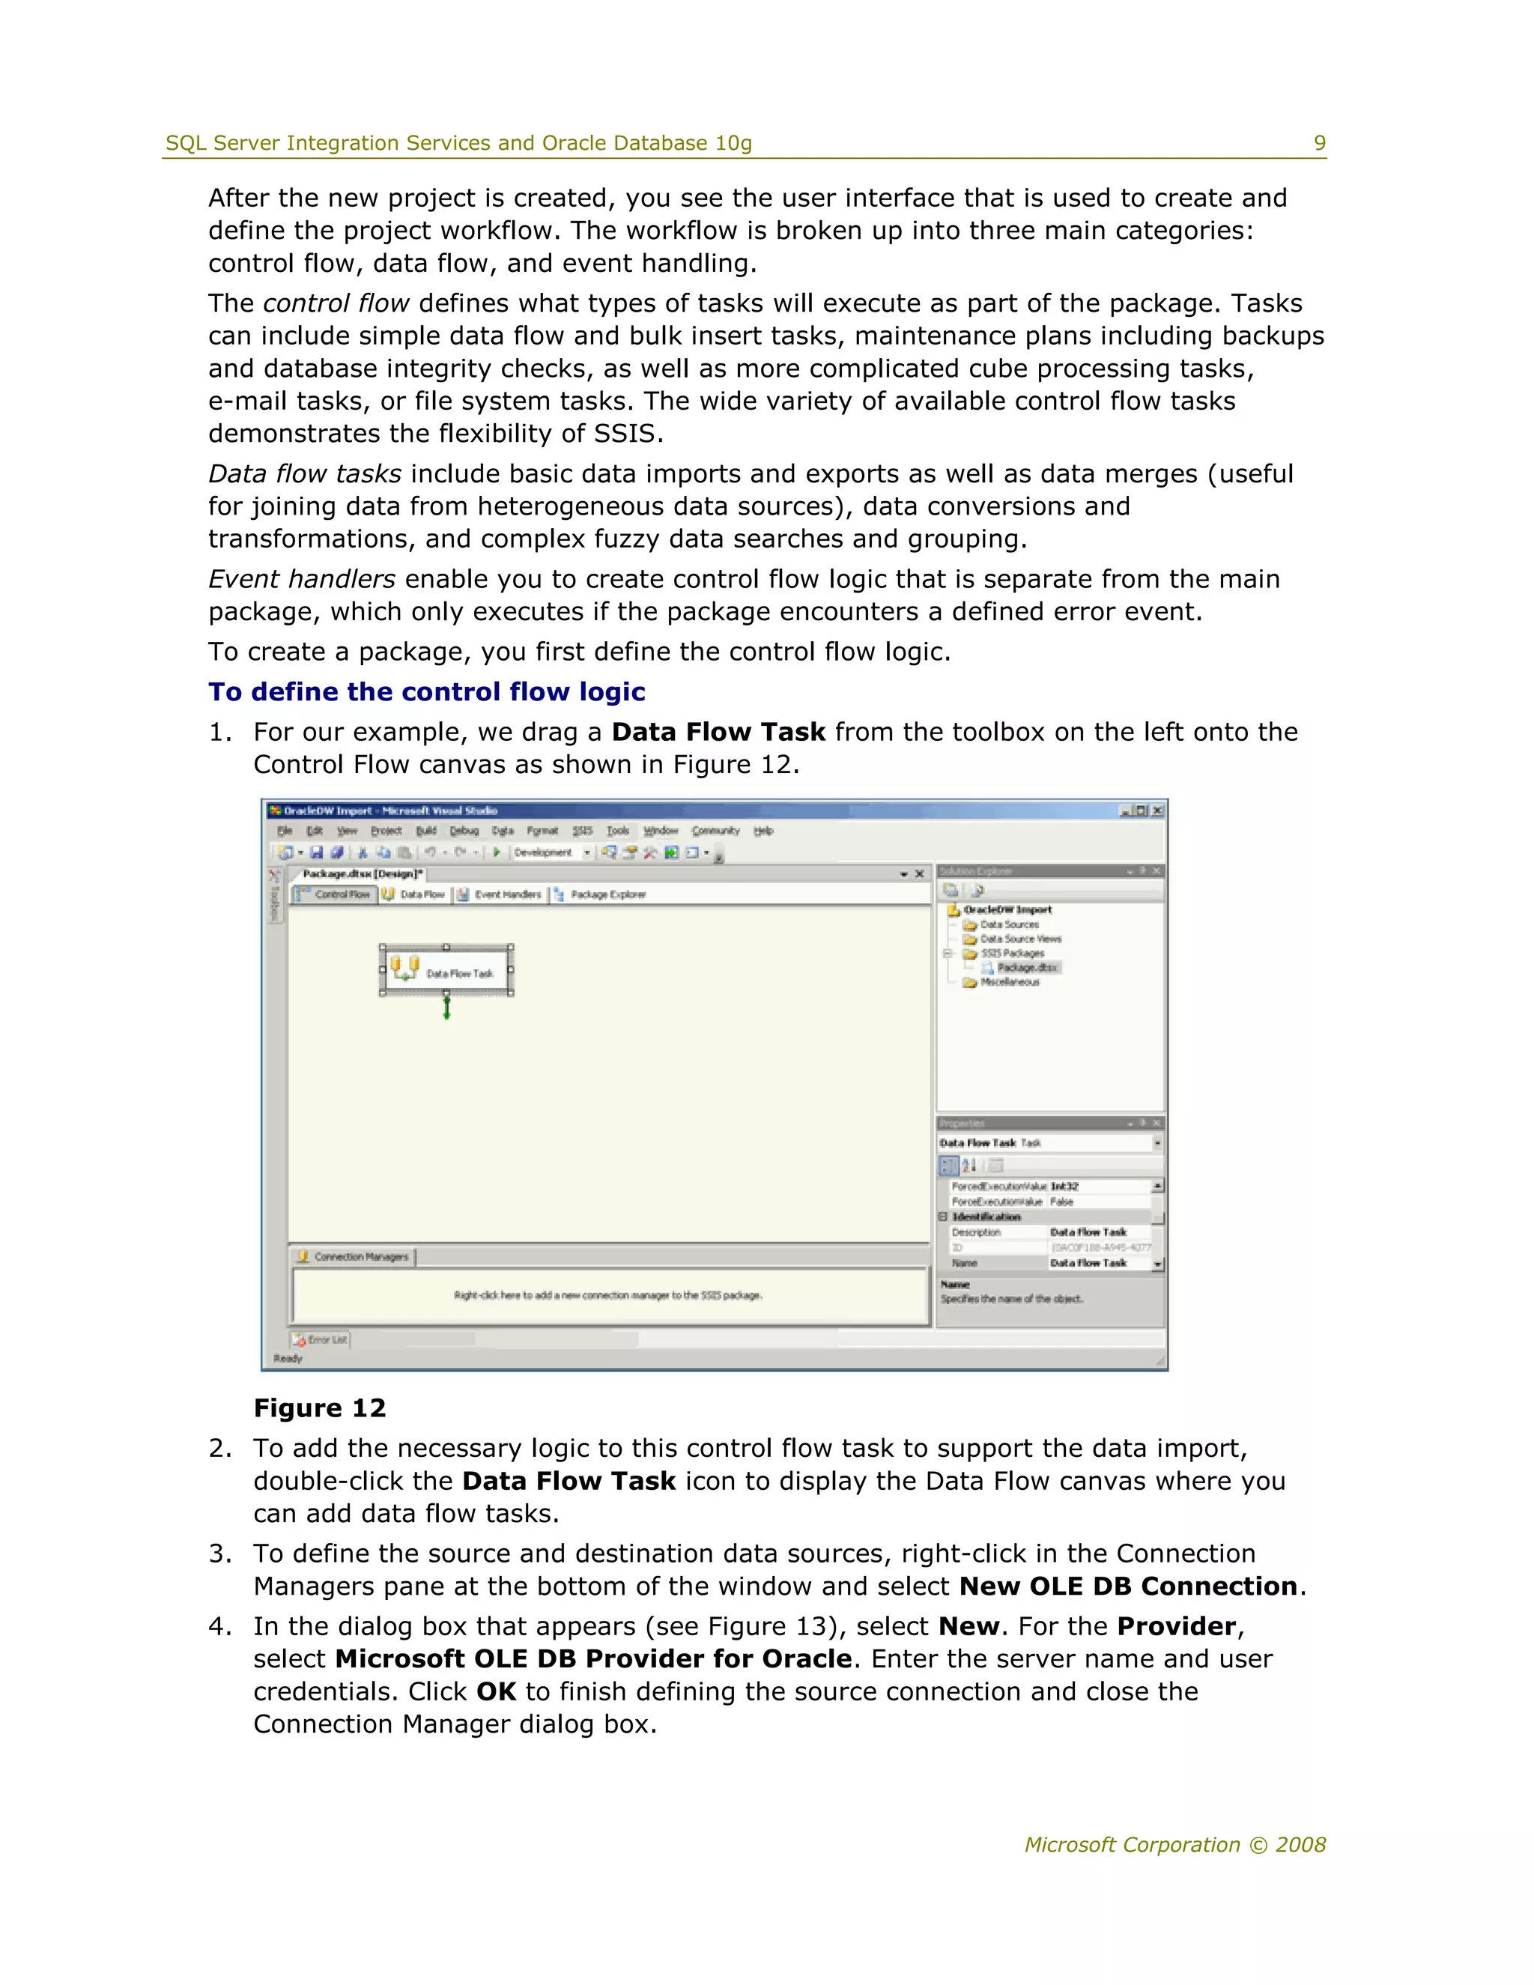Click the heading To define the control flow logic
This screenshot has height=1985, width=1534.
[x=426, y=691]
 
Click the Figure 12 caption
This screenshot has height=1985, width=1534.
[x=320, y=1408]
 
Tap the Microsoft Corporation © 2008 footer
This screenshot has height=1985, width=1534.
[x=1175, y=1844]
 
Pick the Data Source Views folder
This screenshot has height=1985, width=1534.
[x=1019, y=939]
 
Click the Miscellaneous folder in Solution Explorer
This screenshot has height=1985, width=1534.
[x=1009, y=983]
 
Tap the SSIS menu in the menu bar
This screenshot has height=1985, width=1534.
[x=581, y=831]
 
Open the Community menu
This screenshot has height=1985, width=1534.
[x=715, y=831]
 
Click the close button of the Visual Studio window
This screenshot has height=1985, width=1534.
[x=1156, y=810]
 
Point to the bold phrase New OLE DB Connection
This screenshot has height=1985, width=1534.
[x=1128, y=1586]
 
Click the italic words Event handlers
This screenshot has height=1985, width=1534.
[x=302, y=579]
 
